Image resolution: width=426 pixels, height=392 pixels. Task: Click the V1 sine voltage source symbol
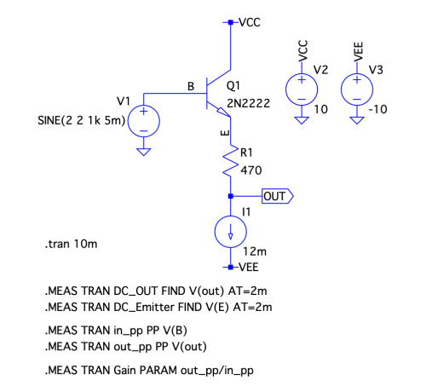[x=144, y=121]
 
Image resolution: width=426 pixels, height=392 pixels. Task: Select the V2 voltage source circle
[x=302, y=89]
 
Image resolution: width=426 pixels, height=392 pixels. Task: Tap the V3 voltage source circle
[x=357, y=89]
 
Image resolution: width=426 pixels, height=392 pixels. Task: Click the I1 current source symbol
[x=231, y=232]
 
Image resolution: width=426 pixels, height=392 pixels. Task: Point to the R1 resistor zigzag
[x=231, y=161]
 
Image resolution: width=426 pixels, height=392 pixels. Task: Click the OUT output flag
[x=278, y=196]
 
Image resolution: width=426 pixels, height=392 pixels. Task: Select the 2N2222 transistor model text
[x=249, y=103]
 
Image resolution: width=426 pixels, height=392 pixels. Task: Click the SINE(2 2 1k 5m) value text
[x=82, y=121]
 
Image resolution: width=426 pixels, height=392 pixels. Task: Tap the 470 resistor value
[x=251, y=170]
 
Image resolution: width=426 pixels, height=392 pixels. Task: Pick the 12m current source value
[x=255, y=251]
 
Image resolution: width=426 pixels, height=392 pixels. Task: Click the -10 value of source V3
[x=377, y=109]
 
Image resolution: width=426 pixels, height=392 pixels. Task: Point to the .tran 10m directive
[x=71, y=244]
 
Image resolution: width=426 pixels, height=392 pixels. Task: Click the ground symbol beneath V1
[x=144, y=152]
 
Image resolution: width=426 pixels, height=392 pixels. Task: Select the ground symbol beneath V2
[x=302, y=120]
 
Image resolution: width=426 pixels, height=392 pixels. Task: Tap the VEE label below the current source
[x=249, y=268]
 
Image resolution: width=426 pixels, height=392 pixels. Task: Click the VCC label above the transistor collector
[x=250, y=22]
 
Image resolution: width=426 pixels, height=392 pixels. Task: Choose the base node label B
[x=191, y=86]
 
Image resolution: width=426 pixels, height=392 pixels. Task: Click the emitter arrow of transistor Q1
[x=223, y=112]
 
